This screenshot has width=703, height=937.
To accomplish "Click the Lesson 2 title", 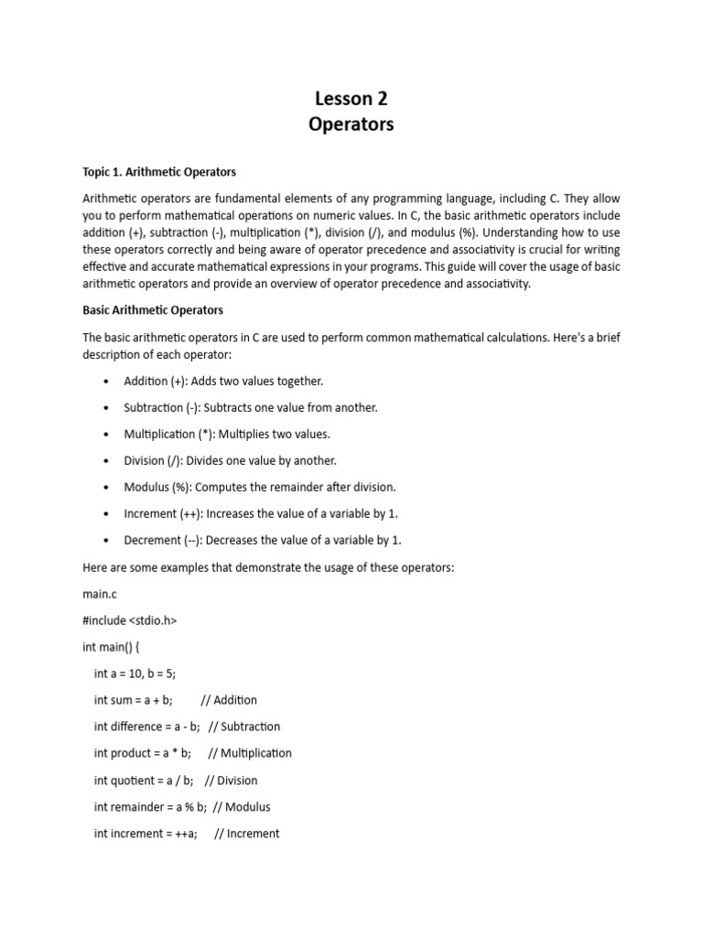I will click(351, 98).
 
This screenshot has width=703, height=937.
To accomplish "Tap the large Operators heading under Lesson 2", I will click(351, 124).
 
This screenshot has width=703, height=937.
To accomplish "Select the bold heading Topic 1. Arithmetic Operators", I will click(159, 171).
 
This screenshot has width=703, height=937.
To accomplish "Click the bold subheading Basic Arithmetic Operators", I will click(153, 310).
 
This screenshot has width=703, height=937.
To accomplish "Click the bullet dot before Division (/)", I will click(108, 461).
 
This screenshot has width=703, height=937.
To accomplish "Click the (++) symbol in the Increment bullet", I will click(195, 513).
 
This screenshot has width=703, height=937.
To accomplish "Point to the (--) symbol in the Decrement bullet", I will click(198, 540).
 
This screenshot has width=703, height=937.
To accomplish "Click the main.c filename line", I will click(101, 593).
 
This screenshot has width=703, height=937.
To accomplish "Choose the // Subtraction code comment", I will click(244, 727).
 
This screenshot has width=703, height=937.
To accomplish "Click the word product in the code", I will click(132, 753).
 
